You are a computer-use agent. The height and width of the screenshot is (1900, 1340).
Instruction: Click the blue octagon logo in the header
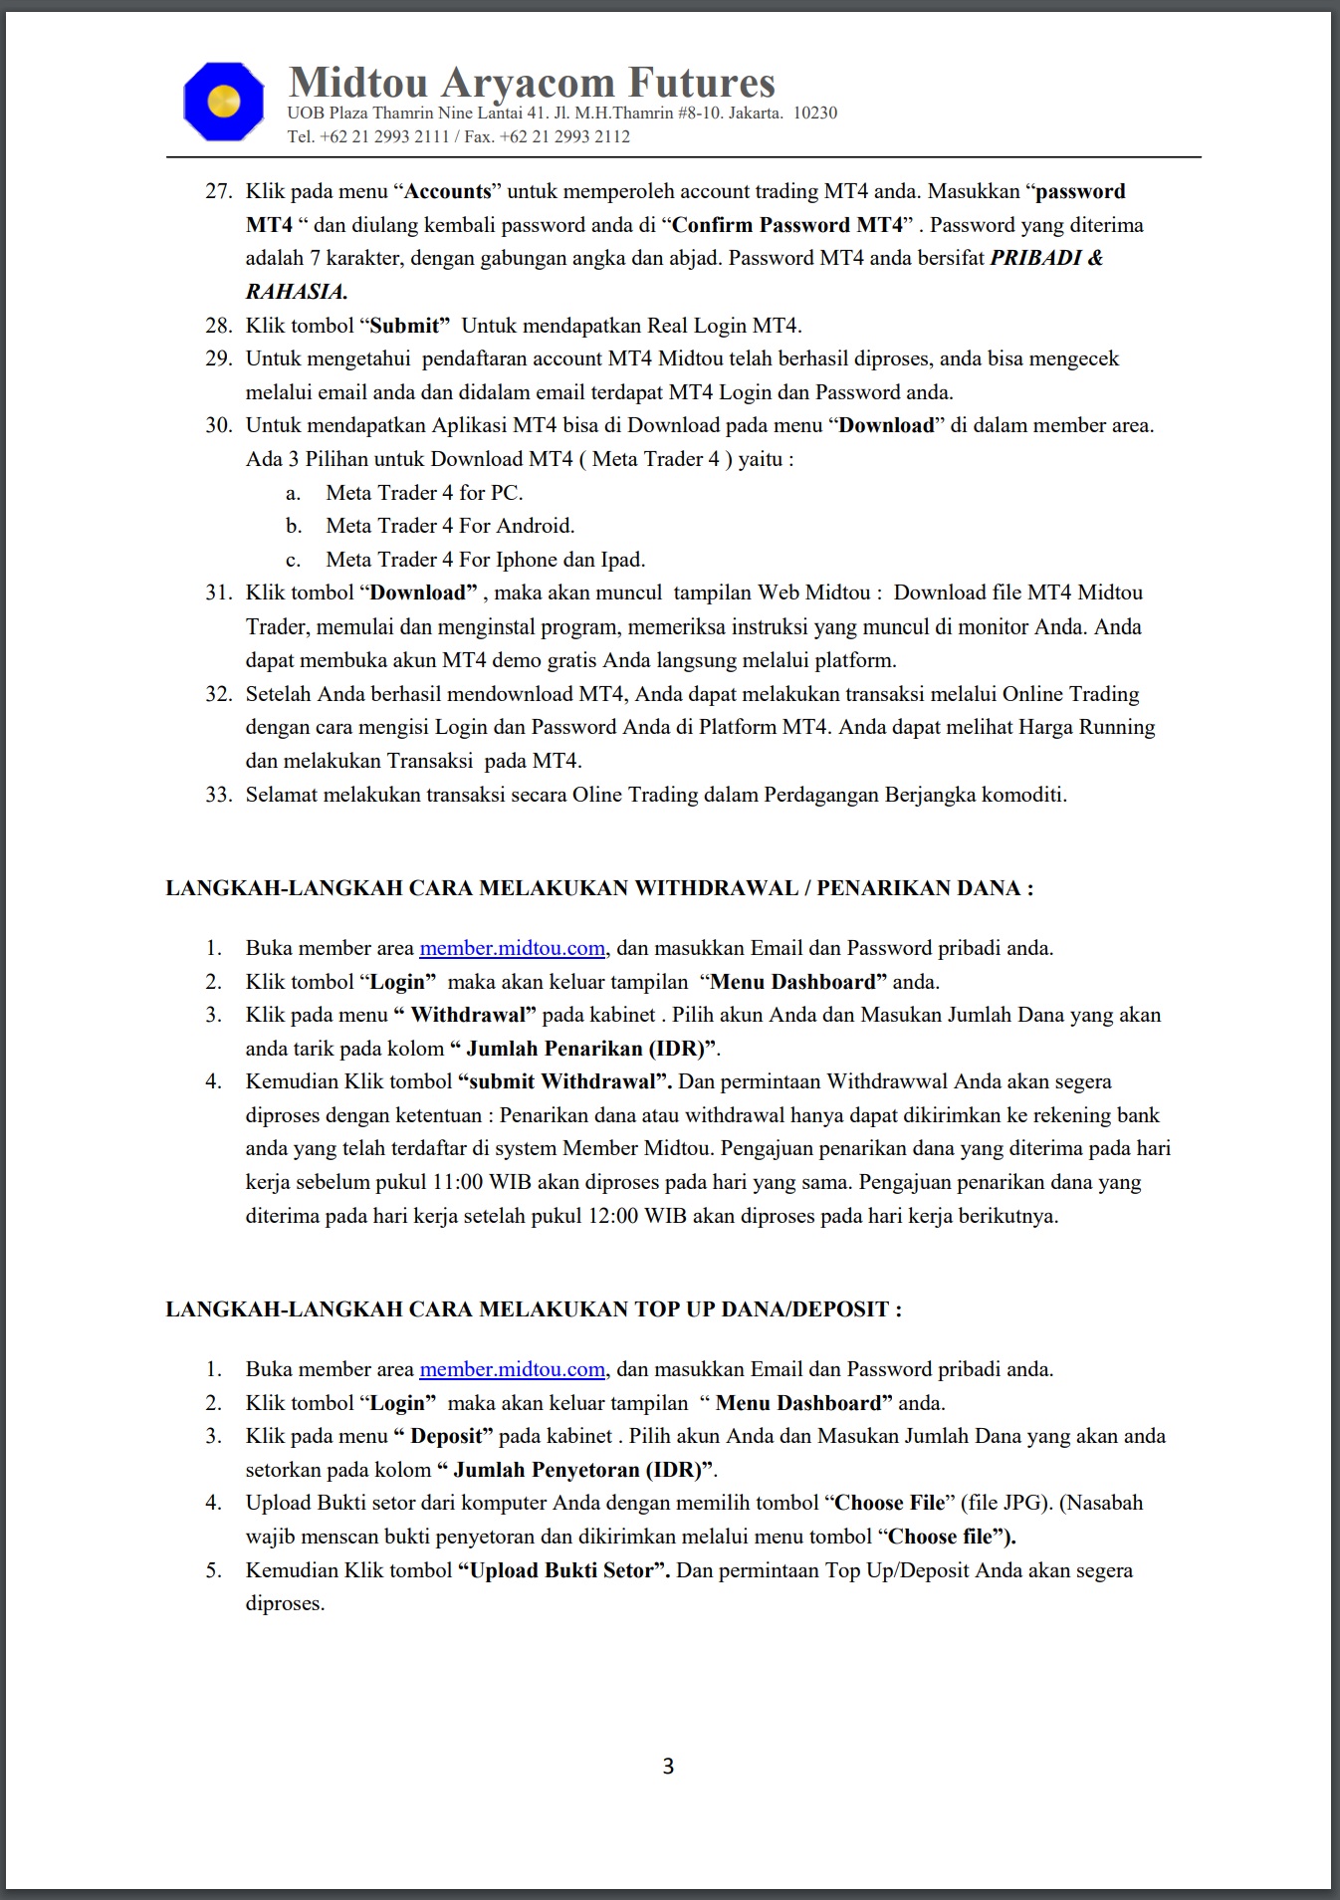click(x=224, y=101)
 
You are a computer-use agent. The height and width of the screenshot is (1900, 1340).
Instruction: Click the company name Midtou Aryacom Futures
click(x=532, y=82)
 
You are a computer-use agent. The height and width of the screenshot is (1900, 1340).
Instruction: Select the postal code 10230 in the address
click(x=814, y=113)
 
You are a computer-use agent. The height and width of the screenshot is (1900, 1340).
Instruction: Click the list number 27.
click(x=218, y=191)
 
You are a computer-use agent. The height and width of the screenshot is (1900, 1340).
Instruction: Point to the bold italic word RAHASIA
click(x=296, y=292)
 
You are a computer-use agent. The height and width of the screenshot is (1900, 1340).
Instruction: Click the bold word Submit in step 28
click(x=404, y=326)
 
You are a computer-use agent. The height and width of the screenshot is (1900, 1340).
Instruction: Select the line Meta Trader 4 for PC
click(x=424, y=493)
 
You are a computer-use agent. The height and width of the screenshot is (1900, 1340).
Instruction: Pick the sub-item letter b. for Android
click(x=294, y=526)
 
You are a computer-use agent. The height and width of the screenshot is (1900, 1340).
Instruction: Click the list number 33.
click(x=218, y=795)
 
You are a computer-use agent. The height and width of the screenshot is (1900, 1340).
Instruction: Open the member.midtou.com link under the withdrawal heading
click(x=512, y=948)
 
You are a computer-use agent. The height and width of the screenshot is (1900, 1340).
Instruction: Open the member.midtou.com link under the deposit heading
click(x=512, y=1369)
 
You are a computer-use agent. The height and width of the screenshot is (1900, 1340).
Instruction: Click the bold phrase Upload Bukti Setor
click(x=562, y=1570)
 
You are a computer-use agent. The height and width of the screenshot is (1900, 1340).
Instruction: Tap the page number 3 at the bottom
click(x=668, y=1767)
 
